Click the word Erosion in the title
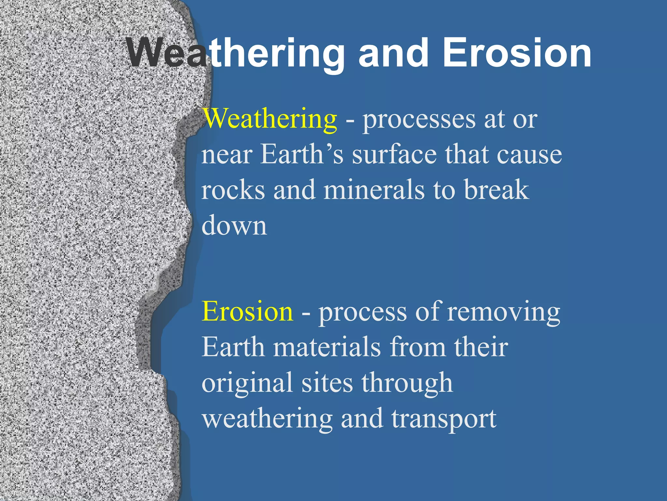coord(517,53)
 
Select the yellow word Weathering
coord(270,119)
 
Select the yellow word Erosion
coord(247,311)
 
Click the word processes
coord(419,120)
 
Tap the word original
coord(247,383)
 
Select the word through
coord(407,383)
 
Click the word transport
coord(444,419)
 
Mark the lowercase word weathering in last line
coord(267,419)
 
